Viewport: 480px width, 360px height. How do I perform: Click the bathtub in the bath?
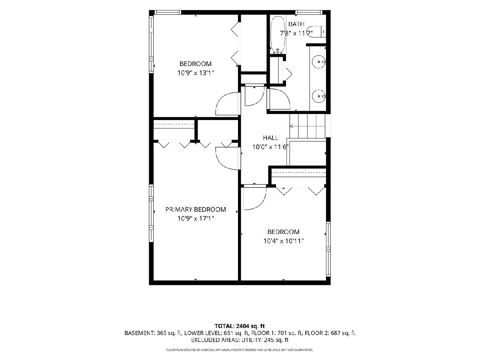click(278, 35)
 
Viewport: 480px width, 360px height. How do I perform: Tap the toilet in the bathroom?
click(316, 32)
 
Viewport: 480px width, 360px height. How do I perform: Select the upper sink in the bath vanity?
click(319, 62)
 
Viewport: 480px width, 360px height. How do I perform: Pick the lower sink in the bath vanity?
click(319, 96)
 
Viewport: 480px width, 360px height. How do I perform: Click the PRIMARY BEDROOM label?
click(196, 209)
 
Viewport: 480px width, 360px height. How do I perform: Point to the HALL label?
click(270, 138)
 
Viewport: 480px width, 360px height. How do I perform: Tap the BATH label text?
click(296, 24)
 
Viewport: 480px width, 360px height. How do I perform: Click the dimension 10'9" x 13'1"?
click(196, 72)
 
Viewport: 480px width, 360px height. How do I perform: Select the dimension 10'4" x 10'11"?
click(284, 241)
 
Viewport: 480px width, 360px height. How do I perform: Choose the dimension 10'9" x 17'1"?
click(196, 218)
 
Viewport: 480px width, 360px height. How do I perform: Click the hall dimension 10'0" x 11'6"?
click(270, 147)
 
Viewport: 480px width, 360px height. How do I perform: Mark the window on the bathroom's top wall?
click(309, 12)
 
